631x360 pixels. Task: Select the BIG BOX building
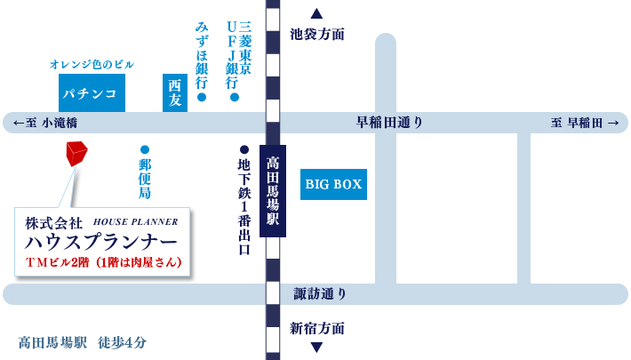(x=333, y=184)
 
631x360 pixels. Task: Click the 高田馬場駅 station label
(x=273, y=191)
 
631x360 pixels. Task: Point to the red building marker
(x=76, y=153)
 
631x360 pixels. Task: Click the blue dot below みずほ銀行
(x=202, y=97)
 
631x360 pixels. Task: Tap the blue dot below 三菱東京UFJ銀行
(x=235, y=97)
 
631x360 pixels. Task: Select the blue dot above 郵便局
(x=145, y=150)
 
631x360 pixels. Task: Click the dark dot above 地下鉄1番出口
(x=244, y=150)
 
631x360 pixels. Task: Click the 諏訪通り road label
(x=320, y=294)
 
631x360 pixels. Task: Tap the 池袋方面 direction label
(x=316, y=35)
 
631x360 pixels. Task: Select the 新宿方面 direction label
(x=316, y=328)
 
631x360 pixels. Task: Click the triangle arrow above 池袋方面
(x=316, y=13)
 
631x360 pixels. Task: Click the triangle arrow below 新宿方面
(x=316, y=348)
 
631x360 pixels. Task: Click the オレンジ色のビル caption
(x=92, y=65)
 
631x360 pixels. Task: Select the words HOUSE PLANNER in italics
(x=136, y=221)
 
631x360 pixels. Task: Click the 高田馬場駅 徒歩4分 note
(x=82, y=342)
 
